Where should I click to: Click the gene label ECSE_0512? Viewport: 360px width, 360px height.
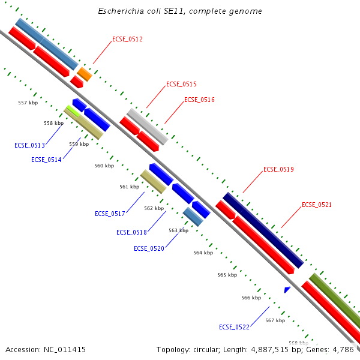tap(127, 39)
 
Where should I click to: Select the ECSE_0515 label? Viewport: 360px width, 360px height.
tap(181, 85)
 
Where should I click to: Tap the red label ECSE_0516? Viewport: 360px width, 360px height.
tap(199, 100)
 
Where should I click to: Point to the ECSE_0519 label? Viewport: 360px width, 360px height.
tap(278, 170)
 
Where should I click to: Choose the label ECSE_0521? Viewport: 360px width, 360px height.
tap(317, 205)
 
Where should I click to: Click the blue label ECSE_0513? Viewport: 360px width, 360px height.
tap(29, 145)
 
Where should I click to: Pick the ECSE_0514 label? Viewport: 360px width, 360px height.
tap(46, 160)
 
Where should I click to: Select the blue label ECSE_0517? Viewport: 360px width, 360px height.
tap(110, 214)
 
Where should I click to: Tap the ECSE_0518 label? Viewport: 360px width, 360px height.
tap(131, 232)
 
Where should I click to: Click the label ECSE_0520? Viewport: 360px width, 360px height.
tap(149, 248)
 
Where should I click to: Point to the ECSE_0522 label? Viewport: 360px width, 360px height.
tap(234, 327)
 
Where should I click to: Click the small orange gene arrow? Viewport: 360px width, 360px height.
tap(85, 74)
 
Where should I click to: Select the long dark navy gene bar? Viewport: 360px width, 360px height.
tap(263, 230)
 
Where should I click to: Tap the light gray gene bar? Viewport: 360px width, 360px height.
tap(147, 127)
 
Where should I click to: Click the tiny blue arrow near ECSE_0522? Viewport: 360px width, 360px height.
tap(287, 290)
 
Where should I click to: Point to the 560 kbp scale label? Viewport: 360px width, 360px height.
tap(104, 166)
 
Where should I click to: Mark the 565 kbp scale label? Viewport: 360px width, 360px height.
tap(227, 274)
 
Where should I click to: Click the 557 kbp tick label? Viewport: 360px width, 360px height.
tap(28, 103)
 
